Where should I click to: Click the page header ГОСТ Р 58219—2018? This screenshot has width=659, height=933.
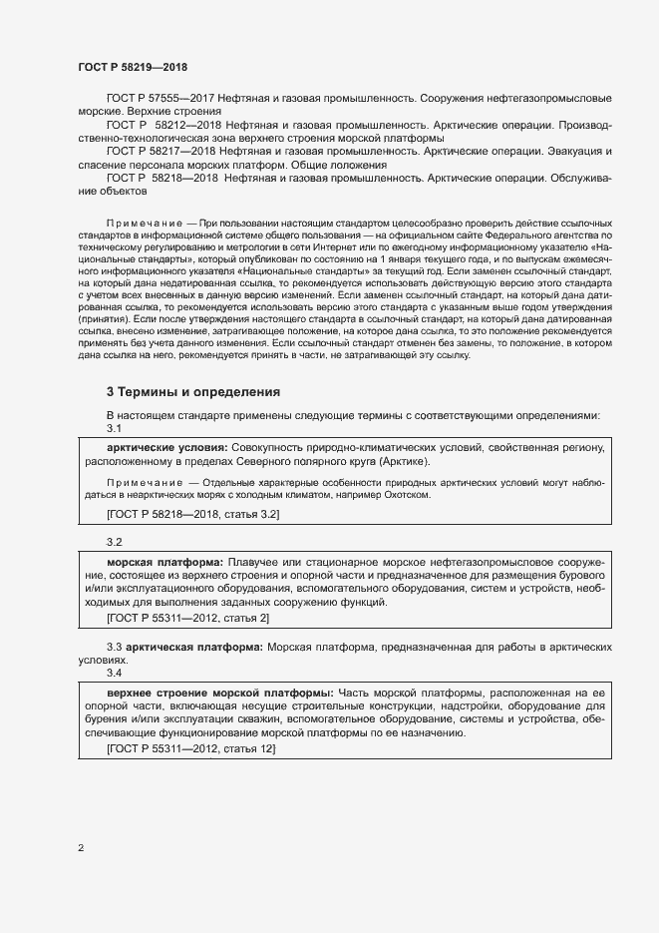click(x=132, y=67)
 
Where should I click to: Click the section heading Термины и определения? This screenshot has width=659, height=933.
click(x=193, y=391)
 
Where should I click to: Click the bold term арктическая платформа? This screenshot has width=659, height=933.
click(x=195, y=648)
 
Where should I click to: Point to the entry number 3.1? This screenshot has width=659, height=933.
click(x=114, y=428)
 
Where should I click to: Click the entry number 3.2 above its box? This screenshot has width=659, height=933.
click(x=114, y=542)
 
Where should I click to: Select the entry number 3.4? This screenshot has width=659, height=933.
click(x=114, y=672)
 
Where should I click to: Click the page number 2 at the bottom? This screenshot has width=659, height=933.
click(x=81, y=848)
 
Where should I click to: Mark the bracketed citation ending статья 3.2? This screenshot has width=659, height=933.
click(x=192, y=513)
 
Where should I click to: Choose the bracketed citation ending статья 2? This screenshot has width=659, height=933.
click(x=187, y=619)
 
